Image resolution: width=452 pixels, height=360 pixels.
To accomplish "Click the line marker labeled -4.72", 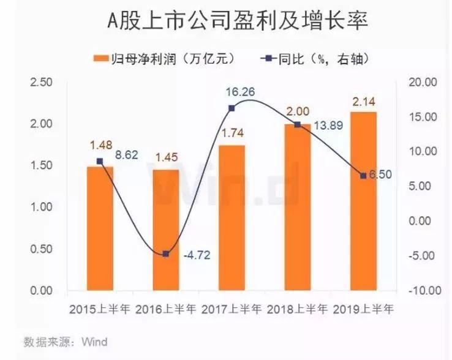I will coord(165,253).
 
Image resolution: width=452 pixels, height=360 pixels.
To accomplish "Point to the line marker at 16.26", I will coord(232,108).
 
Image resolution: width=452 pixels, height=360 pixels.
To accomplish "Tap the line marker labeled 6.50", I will coord(363,176).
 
